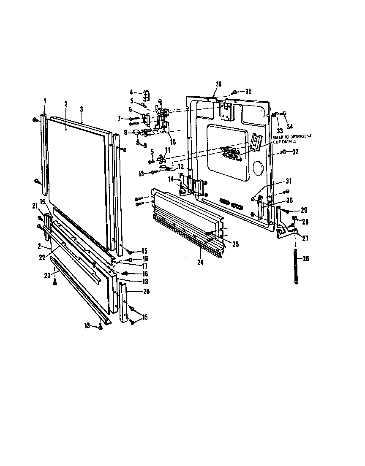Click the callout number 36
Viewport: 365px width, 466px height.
[x=218, y=84]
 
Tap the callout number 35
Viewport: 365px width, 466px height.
[x=248, y=91]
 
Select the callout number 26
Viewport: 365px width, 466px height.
[x=306, y=259]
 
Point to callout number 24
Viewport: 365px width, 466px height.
[x=200, y=262]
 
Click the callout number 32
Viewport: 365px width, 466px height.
[x=295, y=152]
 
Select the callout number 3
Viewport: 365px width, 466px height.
[x=81, y=108]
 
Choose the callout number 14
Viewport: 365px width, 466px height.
[x=171, y=180]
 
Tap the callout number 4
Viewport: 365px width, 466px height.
[x=131, y=92]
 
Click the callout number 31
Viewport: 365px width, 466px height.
[x=289, y=182]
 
